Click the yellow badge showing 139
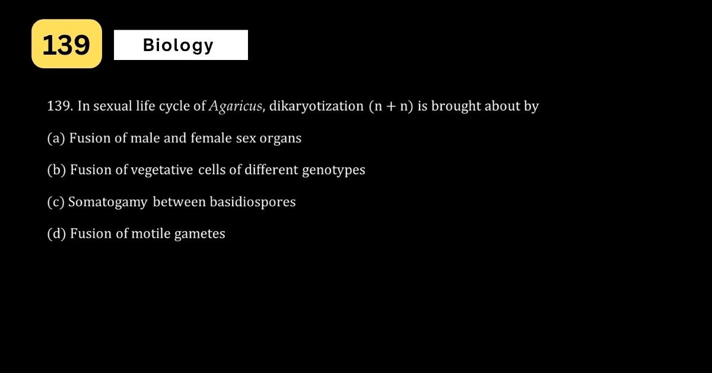pos(66,43)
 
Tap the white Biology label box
pos(181,45)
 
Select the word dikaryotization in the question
pos(316,106)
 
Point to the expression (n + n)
pos(391,106)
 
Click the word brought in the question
pos(456,106)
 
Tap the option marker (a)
pos(56,138)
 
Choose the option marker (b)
pos(56,170)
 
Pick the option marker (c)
pos(56,202)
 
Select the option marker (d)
pos(56,233)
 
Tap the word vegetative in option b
pos(162,170)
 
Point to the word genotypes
pos(333,170)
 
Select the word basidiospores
pos(253,202)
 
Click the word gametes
pos(200,234)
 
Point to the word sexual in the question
pos(113,106)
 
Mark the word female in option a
pos(211,138)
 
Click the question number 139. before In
pos(60,106)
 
